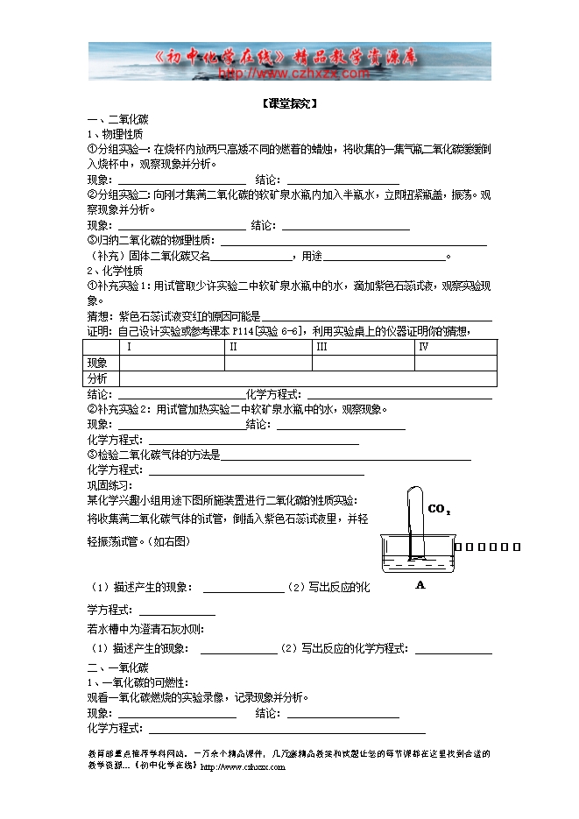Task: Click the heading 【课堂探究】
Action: click(x=289, y=103)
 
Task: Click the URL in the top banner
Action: click(x=293, y=74)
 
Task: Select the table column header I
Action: click(x=129, y=347)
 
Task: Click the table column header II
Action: click(x=233, y=347)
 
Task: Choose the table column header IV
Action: click(x=423, y=347)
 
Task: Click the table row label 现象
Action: click(x=97, y=363)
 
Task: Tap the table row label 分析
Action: click(x=97, y=378)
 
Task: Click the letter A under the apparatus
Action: click(x=420, y=585)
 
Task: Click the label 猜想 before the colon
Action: click(x=97, y=316)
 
